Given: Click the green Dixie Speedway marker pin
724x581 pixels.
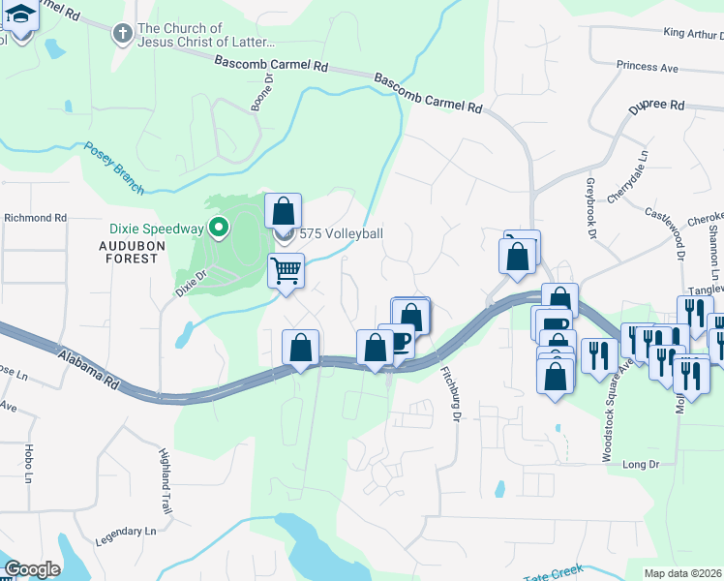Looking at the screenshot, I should (x=220, y=229).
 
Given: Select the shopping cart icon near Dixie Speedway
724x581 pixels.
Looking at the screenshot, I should (x=286, y=271).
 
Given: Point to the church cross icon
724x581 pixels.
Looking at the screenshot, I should (x=122, y=35).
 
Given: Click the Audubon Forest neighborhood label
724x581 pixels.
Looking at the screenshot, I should (x=129, y=253).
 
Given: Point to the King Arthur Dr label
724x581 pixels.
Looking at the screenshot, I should (x=693, y=33).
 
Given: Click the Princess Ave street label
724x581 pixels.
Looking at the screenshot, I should (x=647, y=67).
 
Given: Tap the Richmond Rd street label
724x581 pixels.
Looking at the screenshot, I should (x=35, y=218).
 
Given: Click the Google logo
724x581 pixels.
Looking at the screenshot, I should (x=32, y=569).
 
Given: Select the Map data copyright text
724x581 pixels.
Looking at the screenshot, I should (x=683, y=573).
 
